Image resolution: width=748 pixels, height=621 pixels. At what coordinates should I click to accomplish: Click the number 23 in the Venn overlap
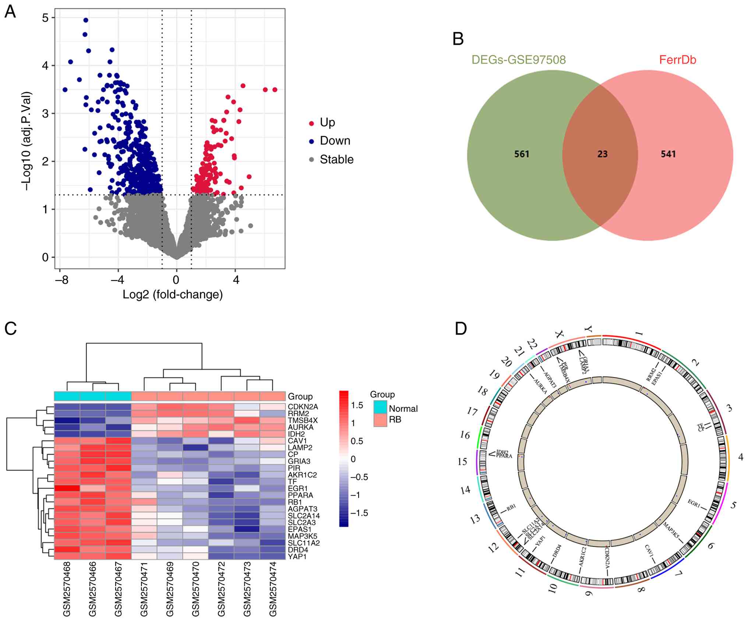pos(602,154)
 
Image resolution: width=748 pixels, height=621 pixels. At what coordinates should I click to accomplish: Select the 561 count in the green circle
pos(522,154)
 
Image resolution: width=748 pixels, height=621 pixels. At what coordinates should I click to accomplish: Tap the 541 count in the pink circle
pos(668,154)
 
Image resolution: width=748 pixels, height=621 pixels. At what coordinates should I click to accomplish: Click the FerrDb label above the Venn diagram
pos(678,60)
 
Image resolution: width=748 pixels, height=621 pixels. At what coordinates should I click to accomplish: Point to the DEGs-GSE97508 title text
pos(519,60)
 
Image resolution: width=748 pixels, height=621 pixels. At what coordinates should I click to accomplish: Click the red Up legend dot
pos(311,123)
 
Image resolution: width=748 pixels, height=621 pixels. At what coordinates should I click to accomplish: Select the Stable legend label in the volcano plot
pos(336,159)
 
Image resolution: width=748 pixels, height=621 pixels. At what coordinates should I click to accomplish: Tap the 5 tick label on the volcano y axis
pos(45,18)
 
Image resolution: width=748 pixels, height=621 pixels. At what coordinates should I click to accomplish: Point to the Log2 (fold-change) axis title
pos(173,294)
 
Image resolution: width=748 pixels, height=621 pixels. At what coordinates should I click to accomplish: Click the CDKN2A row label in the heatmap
pos(303,407)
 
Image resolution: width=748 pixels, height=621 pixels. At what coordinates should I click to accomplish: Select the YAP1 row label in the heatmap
pos(297,557)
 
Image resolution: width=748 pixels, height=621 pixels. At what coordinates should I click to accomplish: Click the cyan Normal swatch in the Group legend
pos(380,407)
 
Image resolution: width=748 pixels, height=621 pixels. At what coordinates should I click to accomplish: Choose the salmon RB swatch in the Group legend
pos(380,420)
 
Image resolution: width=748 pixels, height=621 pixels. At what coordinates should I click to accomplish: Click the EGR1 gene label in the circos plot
pos(694,503)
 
